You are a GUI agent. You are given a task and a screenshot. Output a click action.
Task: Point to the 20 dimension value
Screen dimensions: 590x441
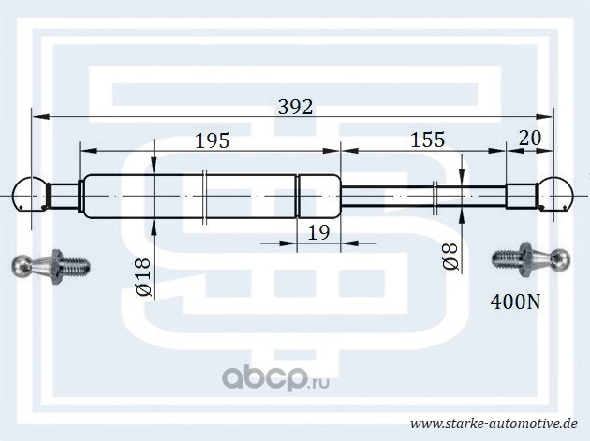529,139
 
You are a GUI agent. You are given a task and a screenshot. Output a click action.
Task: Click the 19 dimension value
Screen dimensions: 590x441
318,232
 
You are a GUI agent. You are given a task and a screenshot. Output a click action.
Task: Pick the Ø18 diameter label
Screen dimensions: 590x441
144,278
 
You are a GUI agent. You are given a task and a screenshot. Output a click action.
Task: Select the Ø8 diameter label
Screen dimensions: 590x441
450,257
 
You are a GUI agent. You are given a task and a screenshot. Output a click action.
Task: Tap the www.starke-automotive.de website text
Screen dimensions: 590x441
499,422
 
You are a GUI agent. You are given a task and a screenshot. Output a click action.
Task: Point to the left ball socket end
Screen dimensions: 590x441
33,196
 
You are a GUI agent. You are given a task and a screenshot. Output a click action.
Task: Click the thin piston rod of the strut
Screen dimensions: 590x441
421,196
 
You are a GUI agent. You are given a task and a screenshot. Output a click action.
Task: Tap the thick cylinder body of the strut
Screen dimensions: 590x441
211,196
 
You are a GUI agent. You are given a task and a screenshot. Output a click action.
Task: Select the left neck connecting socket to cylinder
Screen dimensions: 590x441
66,196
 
